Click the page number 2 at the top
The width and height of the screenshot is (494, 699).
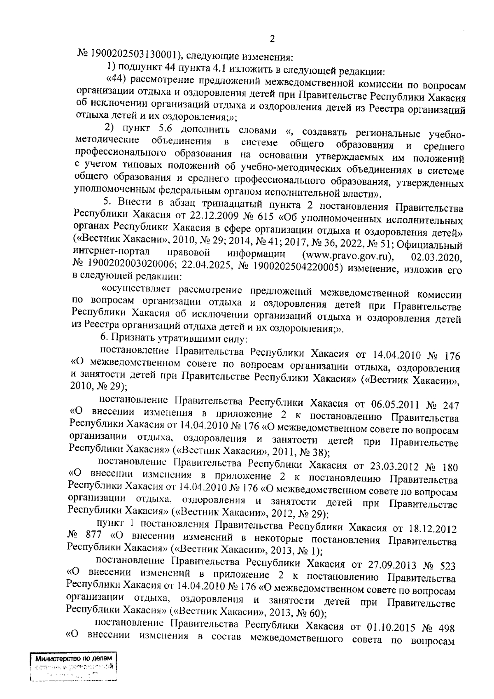coord(272,39)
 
